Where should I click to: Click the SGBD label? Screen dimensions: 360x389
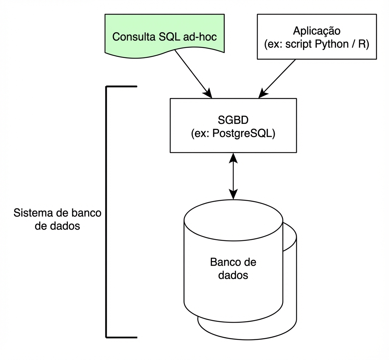233,120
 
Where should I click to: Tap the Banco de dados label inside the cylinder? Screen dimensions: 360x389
233,268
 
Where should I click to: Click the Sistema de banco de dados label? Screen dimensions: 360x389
57,219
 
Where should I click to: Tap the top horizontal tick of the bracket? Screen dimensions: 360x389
122,87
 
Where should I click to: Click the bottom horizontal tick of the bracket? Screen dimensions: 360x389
122,337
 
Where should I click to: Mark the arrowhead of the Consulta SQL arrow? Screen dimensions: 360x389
209,94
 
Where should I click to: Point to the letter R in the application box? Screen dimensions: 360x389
364,45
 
